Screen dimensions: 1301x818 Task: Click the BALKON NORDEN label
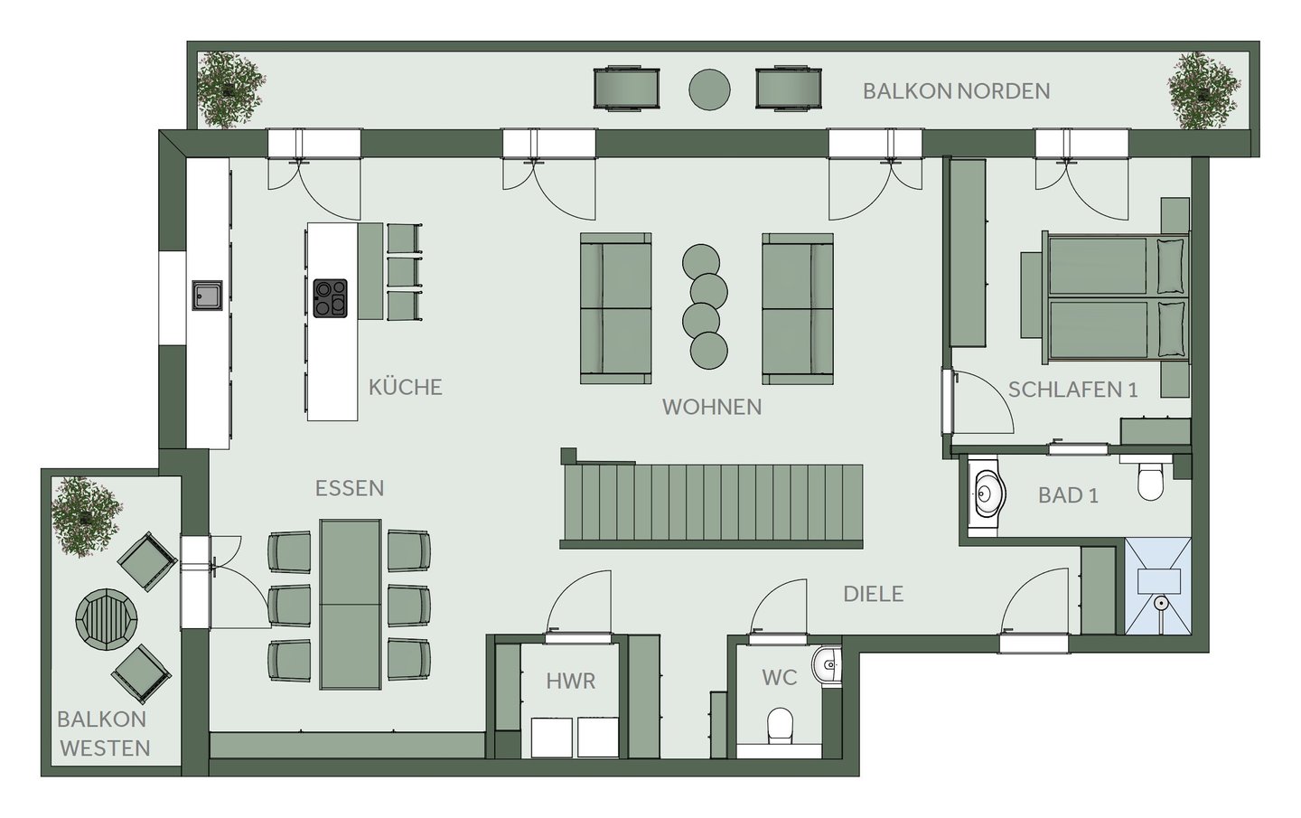click(x=956, y=91)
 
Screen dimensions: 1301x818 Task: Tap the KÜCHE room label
click(x=406, y=387)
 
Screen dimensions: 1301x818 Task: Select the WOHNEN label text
click(x=712, y=408)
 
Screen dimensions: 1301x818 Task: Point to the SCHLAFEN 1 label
click(x=1072, y=390)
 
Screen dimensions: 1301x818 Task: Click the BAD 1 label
click(x=1068, y=495)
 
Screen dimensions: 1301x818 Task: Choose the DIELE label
click(x=873, y=595)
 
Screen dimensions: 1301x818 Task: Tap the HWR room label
click(x=571, y=682)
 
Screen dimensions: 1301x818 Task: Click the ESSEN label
click(x=350, y=489)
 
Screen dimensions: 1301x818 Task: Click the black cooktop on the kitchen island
click(x=330, y=298)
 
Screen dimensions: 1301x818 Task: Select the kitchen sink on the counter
click(x=208, y=296)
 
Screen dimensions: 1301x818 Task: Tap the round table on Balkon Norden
click(x=709, y=89)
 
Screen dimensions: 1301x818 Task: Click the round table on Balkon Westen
click(x=107, y=619)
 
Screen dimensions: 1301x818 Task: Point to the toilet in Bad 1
click(x=1150, y=479)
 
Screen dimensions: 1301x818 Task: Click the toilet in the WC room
click(x=780, y=726)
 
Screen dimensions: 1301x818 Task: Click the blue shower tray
click(x=1158, y=587)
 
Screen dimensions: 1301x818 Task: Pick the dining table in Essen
click(x=351, y=604)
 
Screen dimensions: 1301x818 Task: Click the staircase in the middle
click(x=712, y=503)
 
